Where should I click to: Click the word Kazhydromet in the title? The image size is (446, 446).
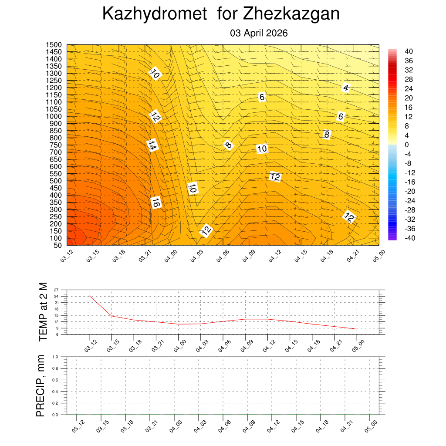coord(154,14)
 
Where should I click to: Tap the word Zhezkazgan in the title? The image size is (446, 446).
coord(291,14)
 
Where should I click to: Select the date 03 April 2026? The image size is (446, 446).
coord(259,33)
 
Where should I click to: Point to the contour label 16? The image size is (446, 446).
coord(156,203)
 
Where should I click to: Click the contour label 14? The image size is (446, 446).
coord(152,145)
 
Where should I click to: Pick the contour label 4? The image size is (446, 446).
coord(346,88)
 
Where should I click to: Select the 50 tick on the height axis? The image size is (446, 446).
coord(57,245)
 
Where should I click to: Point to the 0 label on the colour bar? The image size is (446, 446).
coord(407,145)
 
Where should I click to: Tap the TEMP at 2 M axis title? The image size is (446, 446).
coord(43,311)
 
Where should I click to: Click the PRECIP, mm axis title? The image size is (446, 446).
coord(41,385)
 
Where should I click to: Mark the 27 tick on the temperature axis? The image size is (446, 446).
coord(56,290)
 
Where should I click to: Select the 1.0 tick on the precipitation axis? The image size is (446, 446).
coord(55,356)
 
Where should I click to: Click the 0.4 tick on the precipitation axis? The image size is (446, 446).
coord(55,392)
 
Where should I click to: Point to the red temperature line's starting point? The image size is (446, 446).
coord(89,296)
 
